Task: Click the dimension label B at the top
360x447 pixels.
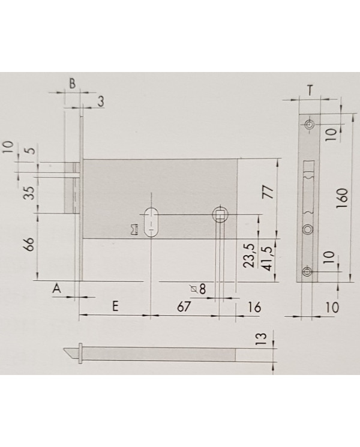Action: pyautogui.click(x=73, y=84)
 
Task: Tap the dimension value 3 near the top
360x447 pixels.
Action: pyautogui.click(x=101, y=101)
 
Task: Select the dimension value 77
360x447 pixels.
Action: pyautogui.click(x=269, y=193)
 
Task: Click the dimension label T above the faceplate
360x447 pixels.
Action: pyautogui.click(x=310, y=91)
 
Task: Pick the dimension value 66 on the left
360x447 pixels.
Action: pyautogui.click(x=30, y=244)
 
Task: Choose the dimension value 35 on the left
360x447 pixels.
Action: pyautogui.click(x=30, y=193)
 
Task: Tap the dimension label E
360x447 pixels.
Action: pyautogui.click(x=115, y=307)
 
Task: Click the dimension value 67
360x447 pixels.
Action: pyautogui.click(x=184, y=307)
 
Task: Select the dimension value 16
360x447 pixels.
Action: pyautogui.click(x=254, y=307)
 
